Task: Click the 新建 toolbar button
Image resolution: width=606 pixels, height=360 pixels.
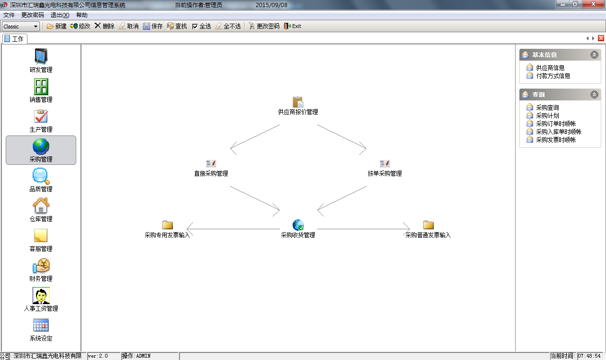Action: (x=56, y=26)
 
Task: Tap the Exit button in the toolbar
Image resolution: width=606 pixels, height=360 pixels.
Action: (x=293, y=26)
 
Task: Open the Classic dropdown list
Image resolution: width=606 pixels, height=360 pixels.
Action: (x=20, y=26)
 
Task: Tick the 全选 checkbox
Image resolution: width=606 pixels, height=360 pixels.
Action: (x=195, y=26)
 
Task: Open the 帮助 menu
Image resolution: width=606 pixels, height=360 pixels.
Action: (x=82, y=15)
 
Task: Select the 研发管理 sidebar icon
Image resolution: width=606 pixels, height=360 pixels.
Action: (x=41, y=56)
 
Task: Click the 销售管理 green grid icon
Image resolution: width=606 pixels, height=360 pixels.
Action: (x=41, y=87)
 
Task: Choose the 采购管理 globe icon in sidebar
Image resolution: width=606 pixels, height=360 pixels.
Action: (x=41, y=146)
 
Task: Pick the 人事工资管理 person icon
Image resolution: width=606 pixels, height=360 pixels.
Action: (x=41, y=296)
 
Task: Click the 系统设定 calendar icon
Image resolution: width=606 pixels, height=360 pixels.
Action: (x=41, y=325)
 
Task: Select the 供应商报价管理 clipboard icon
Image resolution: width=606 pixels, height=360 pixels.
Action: (x=298, y=102)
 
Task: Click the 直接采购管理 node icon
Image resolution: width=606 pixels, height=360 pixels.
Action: (x=211, y=163)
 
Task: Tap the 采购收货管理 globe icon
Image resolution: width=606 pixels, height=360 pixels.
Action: (x=298, y=225)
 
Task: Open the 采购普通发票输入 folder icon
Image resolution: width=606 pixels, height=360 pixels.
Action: (x=428, y=225)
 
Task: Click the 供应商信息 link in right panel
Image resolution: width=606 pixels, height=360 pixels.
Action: (x=550, y=68)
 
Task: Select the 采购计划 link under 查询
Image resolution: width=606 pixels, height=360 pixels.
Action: (x=547, y=116)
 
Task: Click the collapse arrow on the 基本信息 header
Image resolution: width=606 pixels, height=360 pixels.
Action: (x=594, y=55)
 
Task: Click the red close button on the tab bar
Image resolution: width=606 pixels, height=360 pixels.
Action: (x=601, y=38)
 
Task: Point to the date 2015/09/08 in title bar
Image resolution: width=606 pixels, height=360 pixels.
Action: (x=271, y=5)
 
